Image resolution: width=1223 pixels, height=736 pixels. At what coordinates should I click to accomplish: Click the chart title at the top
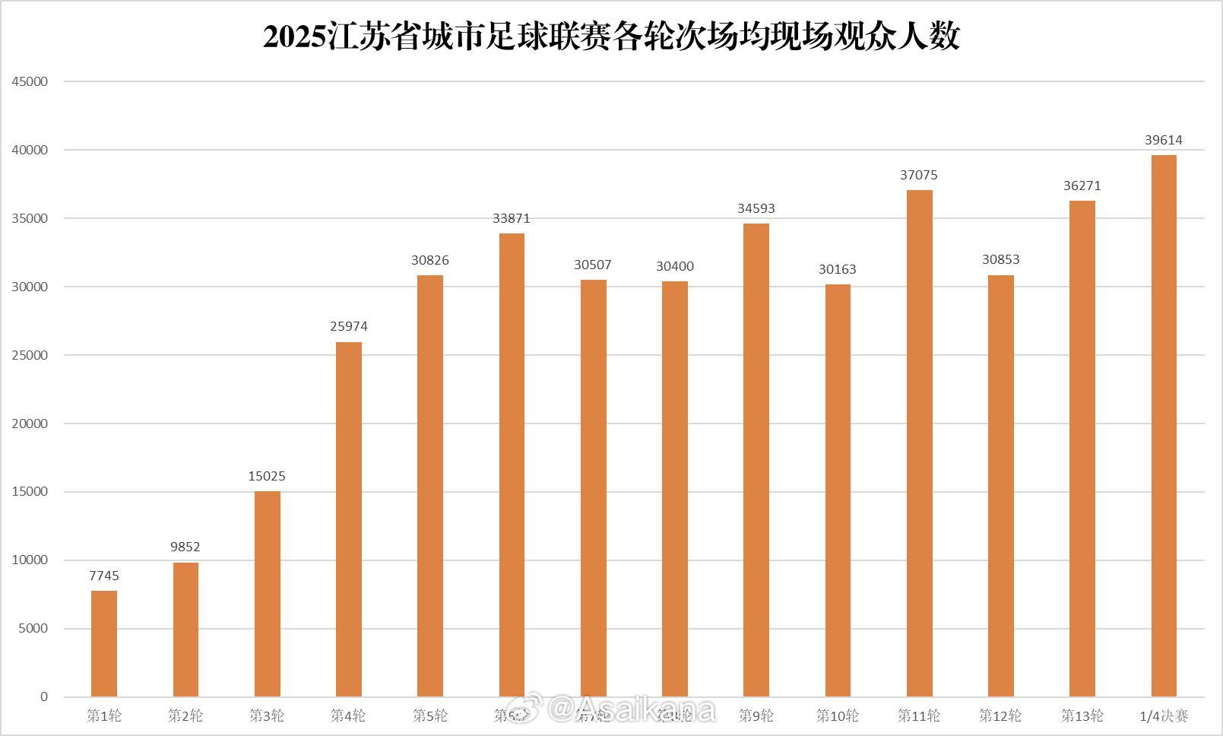[x=611, y=36]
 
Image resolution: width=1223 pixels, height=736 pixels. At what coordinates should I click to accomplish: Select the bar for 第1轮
[x=104, y=643]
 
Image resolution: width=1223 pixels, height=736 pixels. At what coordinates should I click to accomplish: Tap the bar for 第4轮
[x=349, y=519]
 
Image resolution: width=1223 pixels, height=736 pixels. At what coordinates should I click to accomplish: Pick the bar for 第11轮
[x=920, y=443]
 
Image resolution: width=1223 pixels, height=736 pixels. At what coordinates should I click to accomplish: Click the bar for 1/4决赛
[x=1164, y=426]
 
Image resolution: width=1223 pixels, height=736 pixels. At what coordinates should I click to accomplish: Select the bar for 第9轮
[x=756, y=460]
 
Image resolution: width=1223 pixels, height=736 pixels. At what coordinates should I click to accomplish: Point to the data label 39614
[x=1164, y=140]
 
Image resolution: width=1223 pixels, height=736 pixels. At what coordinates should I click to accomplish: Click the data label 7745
[x=104, y=576]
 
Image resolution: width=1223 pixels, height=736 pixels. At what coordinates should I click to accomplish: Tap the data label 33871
[x=512, y=218]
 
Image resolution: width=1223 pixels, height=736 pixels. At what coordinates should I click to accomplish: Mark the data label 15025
[x=267, y=476]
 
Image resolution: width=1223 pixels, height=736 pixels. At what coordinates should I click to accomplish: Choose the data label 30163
[x=838, y=269]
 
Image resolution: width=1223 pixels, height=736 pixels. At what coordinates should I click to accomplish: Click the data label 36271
[x=1082, y=186]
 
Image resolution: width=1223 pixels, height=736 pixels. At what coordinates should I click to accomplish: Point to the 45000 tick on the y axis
[x=30, y=81]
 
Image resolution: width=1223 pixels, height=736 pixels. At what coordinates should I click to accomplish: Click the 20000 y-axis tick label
[x=30, y=424]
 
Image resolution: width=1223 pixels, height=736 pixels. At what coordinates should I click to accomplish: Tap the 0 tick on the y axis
[x=44, y=696]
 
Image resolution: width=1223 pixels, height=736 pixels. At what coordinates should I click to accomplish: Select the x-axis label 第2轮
[x=185, y=715]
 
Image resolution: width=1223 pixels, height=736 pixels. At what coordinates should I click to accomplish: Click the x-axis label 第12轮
[x=1000, y=715]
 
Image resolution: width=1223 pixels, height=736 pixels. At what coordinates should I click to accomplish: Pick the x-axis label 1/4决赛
[x=1164, y=715]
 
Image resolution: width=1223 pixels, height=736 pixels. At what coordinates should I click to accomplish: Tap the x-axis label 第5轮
[x=430, y=715]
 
